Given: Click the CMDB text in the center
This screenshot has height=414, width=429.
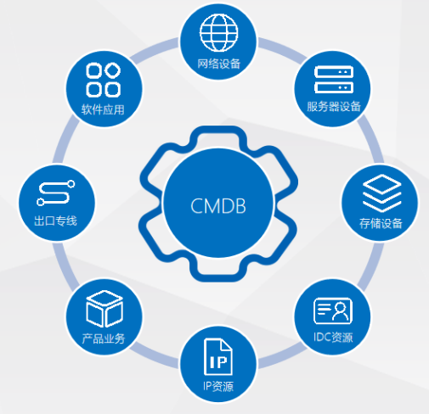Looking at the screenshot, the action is coord(218,205).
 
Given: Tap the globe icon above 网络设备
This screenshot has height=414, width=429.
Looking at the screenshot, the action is coord(218,33).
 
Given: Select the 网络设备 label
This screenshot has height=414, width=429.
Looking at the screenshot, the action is coord(218,64).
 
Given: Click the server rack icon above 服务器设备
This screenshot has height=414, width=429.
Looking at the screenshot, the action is coord(334,80).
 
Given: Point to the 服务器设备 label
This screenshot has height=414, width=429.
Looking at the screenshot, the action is coord(334,107).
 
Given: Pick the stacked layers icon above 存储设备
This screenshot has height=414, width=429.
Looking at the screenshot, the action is coord(381,193).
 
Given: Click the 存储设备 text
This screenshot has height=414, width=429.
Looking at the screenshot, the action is coord(381,223).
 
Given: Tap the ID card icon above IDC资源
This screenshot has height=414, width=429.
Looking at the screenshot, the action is coord(333,310).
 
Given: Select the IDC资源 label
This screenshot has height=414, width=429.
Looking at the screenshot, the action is coord(333,337).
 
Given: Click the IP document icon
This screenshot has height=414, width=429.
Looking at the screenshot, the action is coord(218,357).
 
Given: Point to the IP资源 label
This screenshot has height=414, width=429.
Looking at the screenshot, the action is coord(218,386).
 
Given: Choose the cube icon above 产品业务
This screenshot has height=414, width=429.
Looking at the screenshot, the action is coord(104,309).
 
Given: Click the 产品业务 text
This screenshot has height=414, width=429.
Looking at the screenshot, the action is coord(104,338).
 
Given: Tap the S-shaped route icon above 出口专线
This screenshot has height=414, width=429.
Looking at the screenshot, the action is coord(56,193).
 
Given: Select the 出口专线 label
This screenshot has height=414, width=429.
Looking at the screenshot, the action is coord(55,221).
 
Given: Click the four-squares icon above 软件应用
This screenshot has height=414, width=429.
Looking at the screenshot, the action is coord(104,80).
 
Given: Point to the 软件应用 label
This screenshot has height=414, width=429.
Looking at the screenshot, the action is coord(103,109).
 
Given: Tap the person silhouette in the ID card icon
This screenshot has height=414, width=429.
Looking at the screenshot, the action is coord(341,311).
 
